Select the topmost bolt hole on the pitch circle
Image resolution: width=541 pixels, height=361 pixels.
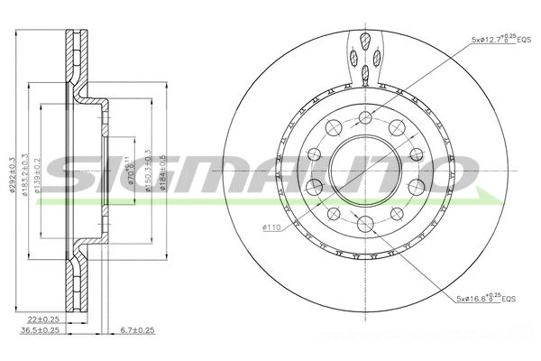pos(365,117)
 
